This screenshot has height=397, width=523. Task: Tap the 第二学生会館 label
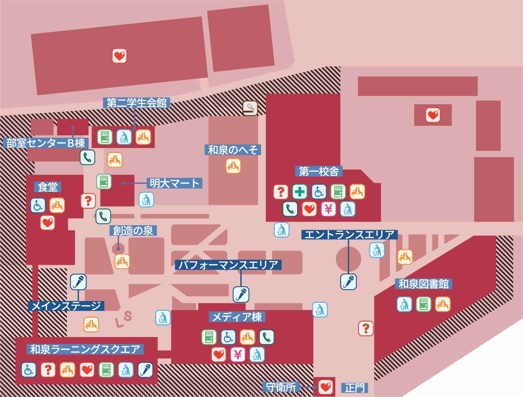[x=137, y=103]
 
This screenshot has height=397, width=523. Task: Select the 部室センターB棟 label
[x=46, y=143]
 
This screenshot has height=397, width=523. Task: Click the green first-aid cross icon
[x=299, y=191]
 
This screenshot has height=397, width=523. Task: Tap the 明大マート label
[x=174, y=183]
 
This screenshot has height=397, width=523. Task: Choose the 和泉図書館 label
[x=424, y=284]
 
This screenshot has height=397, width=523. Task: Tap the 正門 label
[x=355, y=388]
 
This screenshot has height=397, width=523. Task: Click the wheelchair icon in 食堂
[x=38, y=205]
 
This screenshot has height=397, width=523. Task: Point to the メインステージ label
[x=66, y=306]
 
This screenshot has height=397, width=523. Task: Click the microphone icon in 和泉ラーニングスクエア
[x=145, y=369]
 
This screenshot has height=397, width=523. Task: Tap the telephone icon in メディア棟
[x=267, y=337]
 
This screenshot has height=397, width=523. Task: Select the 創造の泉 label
[x=133, y=230]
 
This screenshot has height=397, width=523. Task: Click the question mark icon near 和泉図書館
[x=366, y=328]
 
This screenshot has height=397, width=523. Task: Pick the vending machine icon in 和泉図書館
[x=424, y=304]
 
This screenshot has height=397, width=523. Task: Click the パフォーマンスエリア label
[x=228, y=265]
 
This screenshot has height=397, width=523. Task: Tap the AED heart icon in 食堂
[x=48, y=223]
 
